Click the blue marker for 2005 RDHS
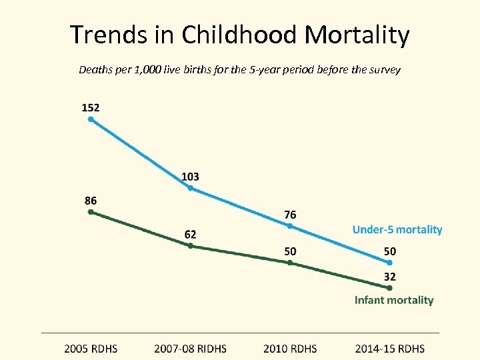[91, 120]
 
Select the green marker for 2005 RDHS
[91, 212]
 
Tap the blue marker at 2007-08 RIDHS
[190, 188]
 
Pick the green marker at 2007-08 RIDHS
[190, 246]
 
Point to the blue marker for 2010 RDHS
[290, 226]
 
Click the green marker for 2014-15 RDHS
[389, 288]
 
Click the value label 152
[91, 107]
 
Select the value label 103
[190, 176]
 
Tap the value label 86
[90, 199]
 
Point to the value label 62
[190, 234]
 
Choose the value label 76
[290, 214]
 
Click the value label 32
[389, 276]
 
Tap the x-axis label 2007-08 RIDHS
[190, 348]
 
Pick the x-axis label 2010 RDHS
[289, 348]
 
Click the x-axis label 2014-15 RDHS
[389, 348]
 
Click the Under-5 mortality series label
[397, 229]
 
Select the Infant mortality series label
[393, 300]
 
